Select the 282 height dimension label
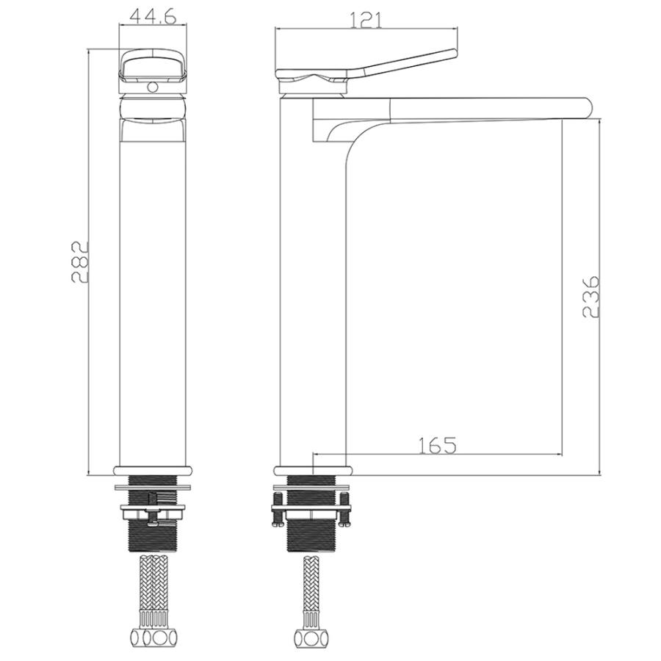tap(79, 261)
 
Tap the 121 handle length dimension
tap(366, 20)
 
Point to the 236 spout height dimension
tap(590, 297)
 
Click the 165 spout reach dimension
tap(438, 445)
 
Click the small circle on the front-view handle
tap(153, 87)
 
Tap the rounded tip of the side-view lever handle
tap(454, 53)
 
